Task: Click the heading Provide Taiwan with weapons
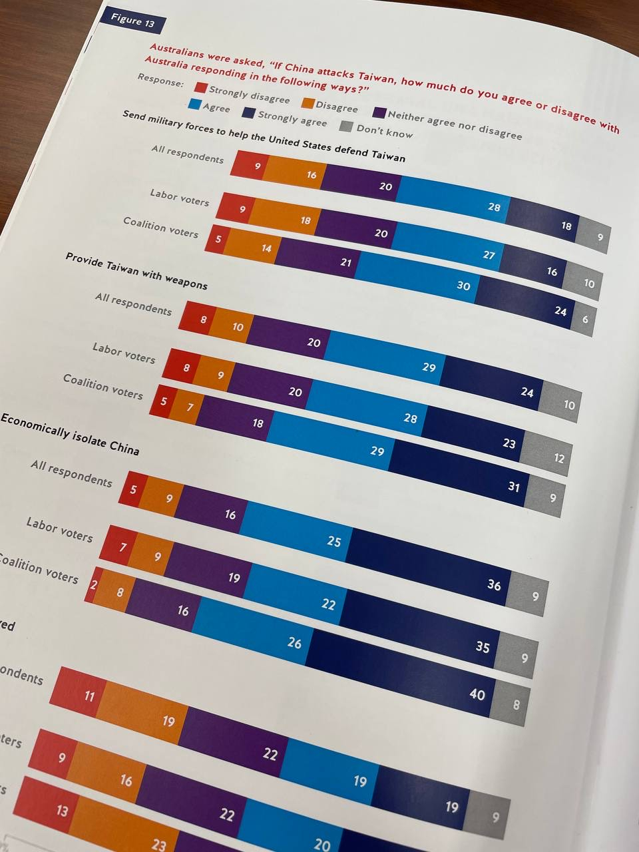136,271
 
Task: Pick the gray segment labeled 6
584,319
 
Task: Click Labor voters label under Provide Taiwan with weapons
124,352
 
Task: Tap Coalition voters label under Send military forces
160,227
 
